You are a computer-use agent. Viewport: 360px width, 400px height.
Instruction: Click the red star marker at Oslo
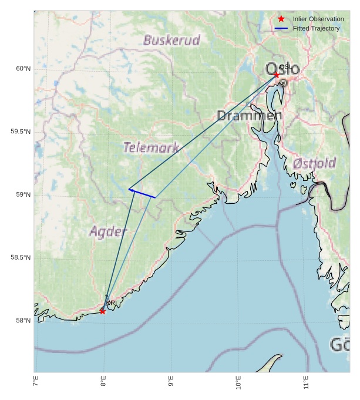pyautogui.click(x=277, y=75)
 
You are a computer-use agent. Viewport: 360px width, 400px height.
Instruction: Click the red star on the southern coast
pyautogui.click(x=103, y=311)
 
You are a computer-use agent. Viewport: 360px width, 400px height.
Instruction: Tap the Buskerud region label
pyautogui.click(x=171, y=41)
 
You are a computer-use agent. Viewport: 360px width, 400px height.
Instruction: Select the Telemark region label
pyautogui.click(x=151, y=147)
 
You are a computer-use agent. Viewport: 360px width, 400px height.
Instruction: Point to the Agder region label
pyautogui.click(x=108, y=231)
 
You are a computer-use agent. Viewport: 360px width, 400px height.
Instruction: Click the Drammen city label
pyautogui.click(x=249, y=116)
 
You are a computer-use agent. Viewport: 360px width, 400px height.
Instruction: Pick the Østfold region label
pyautogui.click(x=314, y=163)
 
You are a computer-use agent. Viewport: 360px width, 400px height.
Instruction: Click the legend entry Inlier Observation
pyautogui.click(x=318, y=19)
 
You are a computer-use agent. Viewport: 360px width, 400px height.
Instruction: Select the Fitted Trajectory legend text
pyautogui.click(x=316, y=29)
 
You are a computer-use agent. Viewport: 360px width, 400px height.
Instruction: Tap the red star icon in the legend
pyautogui.click(x=281, y=19)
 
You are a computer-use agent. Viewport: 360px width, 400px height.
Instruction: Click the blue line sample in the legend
pyautogui.click(x=281, y=29)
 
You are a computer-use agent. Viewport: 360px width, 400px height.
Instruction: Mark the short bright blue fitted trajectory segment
pyautogui.click(x=142, y=193)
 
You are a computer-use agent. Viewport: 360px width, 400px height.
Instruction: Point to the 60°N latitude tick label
pyautogui.click(x=23, y=69)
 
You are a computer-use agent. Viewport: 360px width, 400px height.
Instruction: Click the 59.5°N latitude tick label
pyautogui.click(x=21, y=132)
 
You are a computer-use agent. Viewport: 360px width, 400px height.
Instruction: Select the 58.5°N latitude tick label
pyautogui.click(x=21, y=258)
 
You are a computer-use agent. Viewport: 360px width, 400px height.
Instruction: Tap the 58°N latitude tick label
pyautogui.click(x=23, y=321)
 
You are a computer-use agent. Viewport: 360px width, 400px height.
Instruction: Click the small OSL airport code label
pyautogui.click(x=284, y=67)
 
